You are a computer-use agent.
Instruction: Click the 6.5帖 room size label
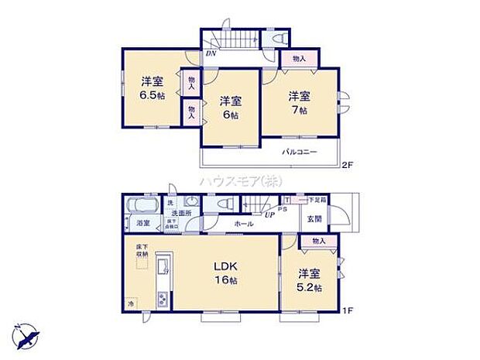pyautogui.click(x=151, y=96)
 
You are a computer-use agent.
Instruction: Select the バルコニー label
pyautogui.click(x=299, y=151)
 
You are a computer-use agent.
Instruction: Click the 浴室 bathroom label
pyautogui.click(x=143, y=223)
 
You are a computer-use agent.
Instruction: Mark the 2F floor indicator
pyautogui.click(x=348, y=164)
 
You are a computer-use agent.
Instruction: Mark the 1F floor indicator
pyautogui.click(x=348, y=311)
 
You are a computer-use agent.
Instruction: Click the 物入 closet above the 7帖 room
pyautogui.click(x=299, y=59)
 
